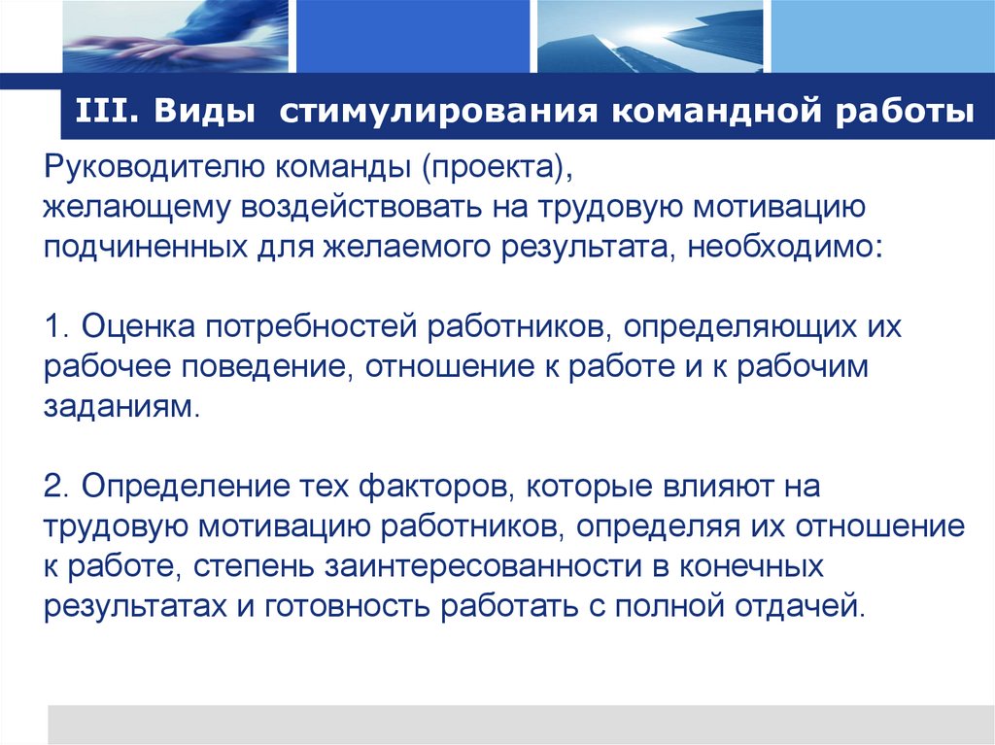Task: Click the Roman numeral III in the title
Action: tap(97, 110)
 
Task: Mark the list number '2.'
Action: tap(55, 484)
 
